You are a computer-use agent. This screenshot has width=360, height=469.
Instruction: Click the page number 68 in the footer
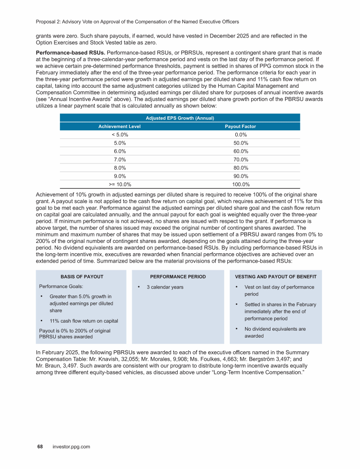pos(40,447)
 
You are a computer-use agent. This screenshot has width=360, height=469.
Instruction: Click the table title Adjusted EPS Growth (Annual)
pos(180,118)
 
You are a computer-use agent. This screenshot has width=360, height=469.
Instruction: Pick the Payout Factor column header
pos(240,127)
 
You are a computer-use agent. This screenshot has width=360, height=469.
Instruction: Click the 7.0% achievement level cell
pos(120,159)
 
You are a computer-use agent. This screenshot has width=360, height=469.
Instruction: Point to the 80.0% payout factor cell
pos(240,168)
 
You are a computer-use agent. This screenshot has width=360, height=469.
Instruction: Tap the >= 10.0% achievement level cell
pos(120,184)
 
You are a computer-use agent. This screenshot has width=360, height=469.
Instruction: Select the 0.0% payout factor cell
pos(240,135)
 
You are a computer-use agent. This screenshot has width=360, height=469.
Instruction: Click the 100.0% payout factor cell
pos(240,184)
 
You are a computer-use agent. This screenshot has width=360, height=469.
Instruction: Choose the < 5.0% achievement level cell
pos(120,135)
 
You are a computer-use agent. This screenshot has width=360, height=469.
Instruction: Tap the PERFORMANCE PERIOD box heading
pos(178,276)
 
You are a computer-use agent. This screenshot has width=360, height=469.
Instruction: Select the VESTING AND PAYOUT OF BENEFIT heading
pos(276,276)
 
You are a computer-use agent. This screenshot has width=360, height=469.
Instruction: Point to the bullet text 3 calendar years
pos(165,287)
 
